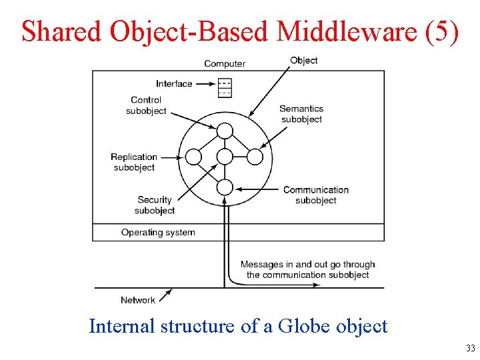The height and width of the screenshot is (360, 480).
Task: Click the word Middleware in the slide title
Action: coord(347,31)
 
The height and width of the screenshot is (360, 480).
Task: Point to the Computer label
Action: coord(225,64)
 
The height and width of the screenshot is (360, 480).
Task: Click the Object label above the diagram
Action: coord(303,61)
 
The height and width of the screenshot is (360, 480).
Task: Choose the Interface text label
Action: coord(174,84)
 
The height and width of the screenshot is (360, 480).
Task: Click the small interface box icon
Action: coord(225,88)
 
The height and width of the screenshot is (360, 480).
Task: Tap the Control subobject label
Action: coord(146,105)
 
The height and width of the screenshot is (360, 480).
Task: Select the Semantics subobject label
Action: coord(301,114)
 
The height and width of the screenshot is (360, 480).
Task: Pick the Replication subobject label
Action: coord(134,162)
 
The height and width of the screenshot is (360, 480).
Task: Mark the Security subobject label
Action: coord(155,205)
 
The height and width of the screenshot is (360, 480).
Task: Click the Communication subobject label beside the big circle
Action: coord(315,195)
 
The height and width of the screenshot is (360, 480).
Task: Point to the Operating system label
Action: coord(158,233)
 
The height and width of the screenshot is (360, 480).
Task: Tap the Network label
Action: coord(138,300)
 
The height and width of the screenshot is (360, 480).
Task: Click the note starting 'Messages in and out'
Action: coord(307,269)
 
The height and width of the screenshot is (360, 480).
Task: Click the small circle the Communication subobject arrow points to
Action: coord(225,187)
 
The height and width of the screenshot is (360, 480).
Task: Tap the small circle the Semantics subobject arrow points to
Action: coord(255,157)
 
